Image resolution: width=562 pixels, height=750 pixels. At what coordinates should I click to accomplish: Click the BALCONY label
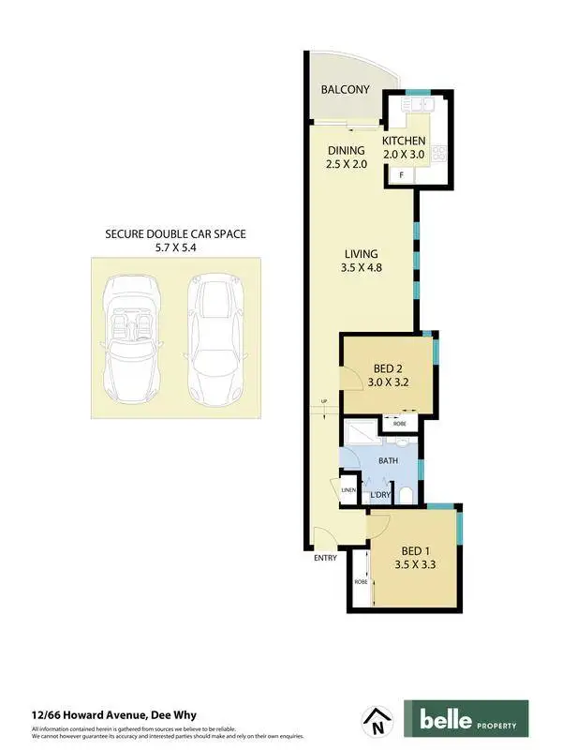pos(345,90)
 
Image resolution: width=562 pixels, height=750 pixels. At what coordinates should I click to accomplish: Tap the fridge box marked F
pos(402,175)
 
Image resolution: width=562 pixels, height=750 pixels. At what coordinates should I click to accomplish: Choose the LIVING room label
pos(361,254)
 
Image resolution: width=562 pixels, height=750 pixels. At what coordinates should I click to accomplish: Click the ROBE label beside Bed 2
pos(399,425)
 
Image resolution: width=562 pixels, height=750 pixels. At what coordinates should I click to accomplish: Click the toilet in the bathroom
pos(404,494)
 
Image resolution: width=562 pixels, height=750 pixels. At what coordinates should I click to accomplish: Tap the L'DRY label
pos(379,494)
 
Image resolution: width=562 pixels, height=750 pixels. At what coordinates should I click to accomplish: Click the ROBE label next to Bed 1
pos(361,582)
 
